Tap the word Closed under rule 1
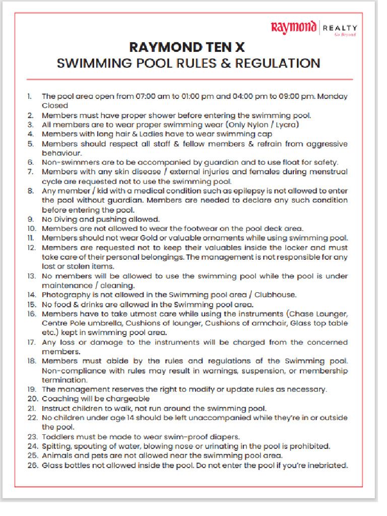pos(54,105)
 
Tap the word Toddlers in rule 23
pos(58,436)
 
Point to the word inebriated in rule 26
pos(327,465)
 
